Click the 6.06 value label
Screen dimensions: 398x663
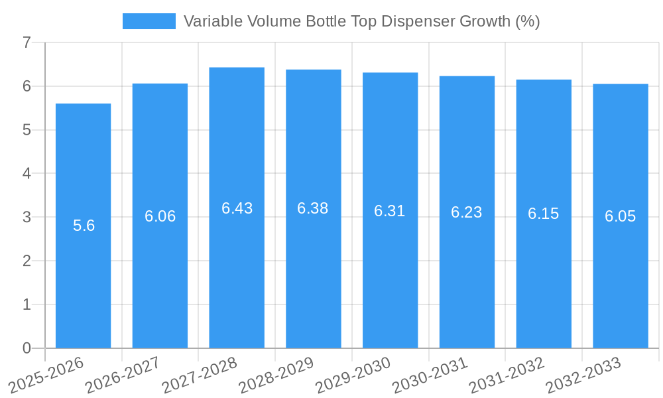pyautogui.click(x=160, y=216)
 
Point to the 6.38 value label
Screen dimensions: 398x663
pyautogui.click(x=313, y=208)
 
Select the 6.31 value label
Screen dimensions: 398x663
pyautogui.click(x=390, y=211)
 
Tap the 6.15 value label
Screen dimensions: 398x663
pyautogui.click(x=544, y=214)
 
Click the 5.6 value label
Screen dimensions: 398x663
pyautogui.click(x=84, y=226)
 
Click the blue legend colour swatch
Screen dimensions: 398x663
pyautogui.click(x=149, y=21)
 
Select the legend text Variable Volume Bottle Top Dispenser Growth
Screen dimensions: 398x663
pyautogui.click(x=361, y=21)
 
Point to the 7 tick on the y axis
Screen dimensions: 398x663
pyautogui.click(x=27, y=43)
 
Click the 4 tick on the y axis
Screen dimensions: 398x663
pyautogui.click(x=27, y=174)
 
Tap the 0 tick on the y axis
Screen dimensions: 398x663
pyautogui.click(x=27, y=348)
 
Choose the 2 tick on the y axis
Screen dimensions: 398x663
pyautogui.click(x=27, y=261)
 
